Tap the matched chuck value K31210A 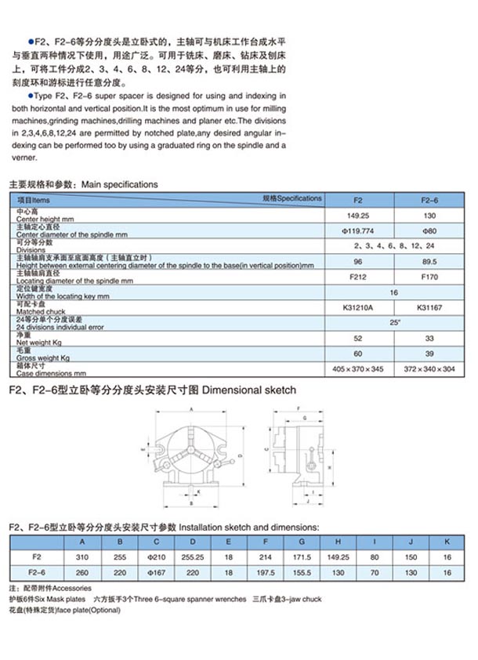coord(357,306)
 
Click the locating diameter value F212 coord(357,277)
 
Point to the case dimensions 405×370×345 coord(357,368)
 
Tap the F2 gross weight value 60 coord(357,354)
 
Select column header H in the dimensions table coord(337,541)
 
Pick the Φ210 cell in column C coord(158,557)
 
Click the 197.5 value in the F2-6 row coord(266,573)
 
